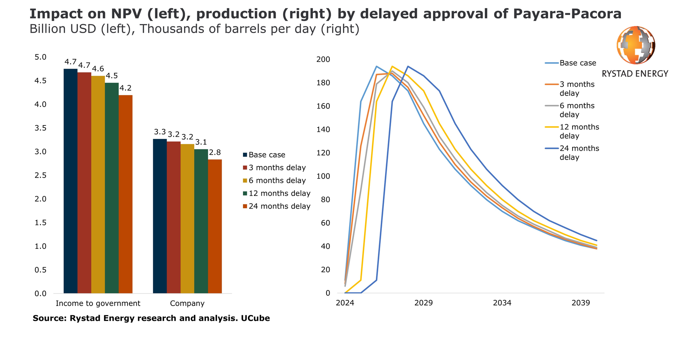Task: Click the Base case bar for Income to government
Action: point(70,181)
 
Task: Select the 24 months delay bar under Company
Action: point(215,226)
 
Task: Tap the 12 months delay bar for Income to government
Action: point(112,188)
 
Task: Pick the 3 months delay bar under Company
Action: point(174,217)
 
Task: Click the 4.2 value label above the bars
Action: point(125,88)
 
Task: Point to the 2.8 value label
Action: point(215,152)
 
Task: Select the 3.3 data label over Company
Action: point(160,132)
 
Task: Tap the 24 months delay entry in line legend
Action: point(579,153)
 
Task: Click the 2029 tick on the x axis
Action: point(423,303)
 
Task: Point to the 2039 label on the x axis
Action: point(581,303)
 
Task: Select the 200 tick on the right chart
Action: point(323,59)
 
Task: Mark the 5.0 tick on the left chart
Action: point(40,57)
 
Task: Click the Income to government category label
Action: point(98,303)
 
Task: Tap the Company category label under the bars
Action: point(187,303)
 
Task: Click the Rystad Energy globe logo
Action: point(635,45)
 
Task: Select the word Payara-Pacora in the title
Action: point(567,14)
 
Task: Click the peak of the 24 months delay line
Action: point(408,66)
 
